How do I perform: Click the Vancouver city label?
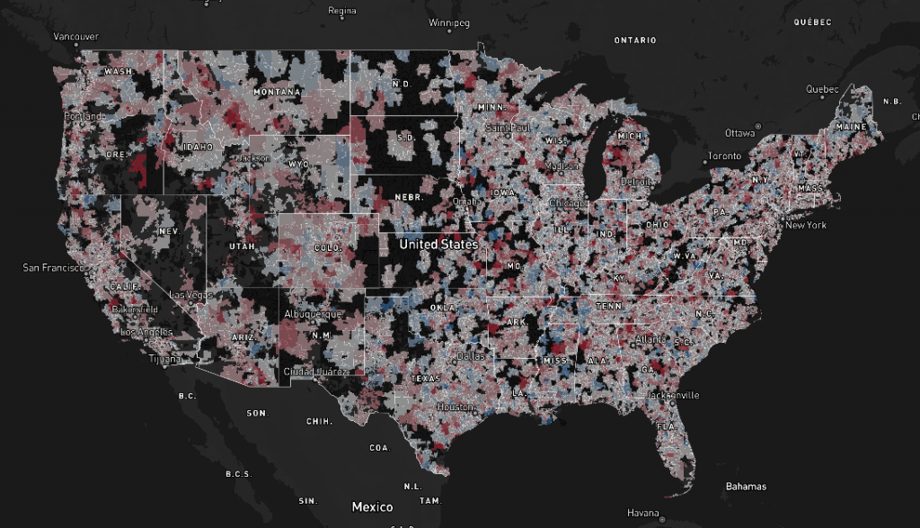click(x=75, y=36)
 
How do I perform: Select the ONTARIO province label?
click(x=634, y=40)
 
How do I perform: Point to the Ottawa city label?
click(x=741, y=133)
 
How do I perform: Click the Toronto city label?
click(x=724, y=156)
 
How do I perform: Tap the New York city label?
click(x=805, y=225)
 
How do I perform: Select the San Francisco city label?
click(x=54, y=267)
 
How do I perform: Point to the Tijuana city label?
click(x=164, y=359)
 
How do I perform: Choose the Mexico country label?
click(x=372, y=506)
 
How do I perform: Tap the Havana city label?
click(x=643, y=513)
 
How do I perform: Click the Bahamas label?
click(x=746, y=487)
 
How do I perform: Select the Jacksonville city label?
click(x=672, y=395)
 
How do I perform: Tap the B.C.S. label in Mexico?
click(x=237, y=475)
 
